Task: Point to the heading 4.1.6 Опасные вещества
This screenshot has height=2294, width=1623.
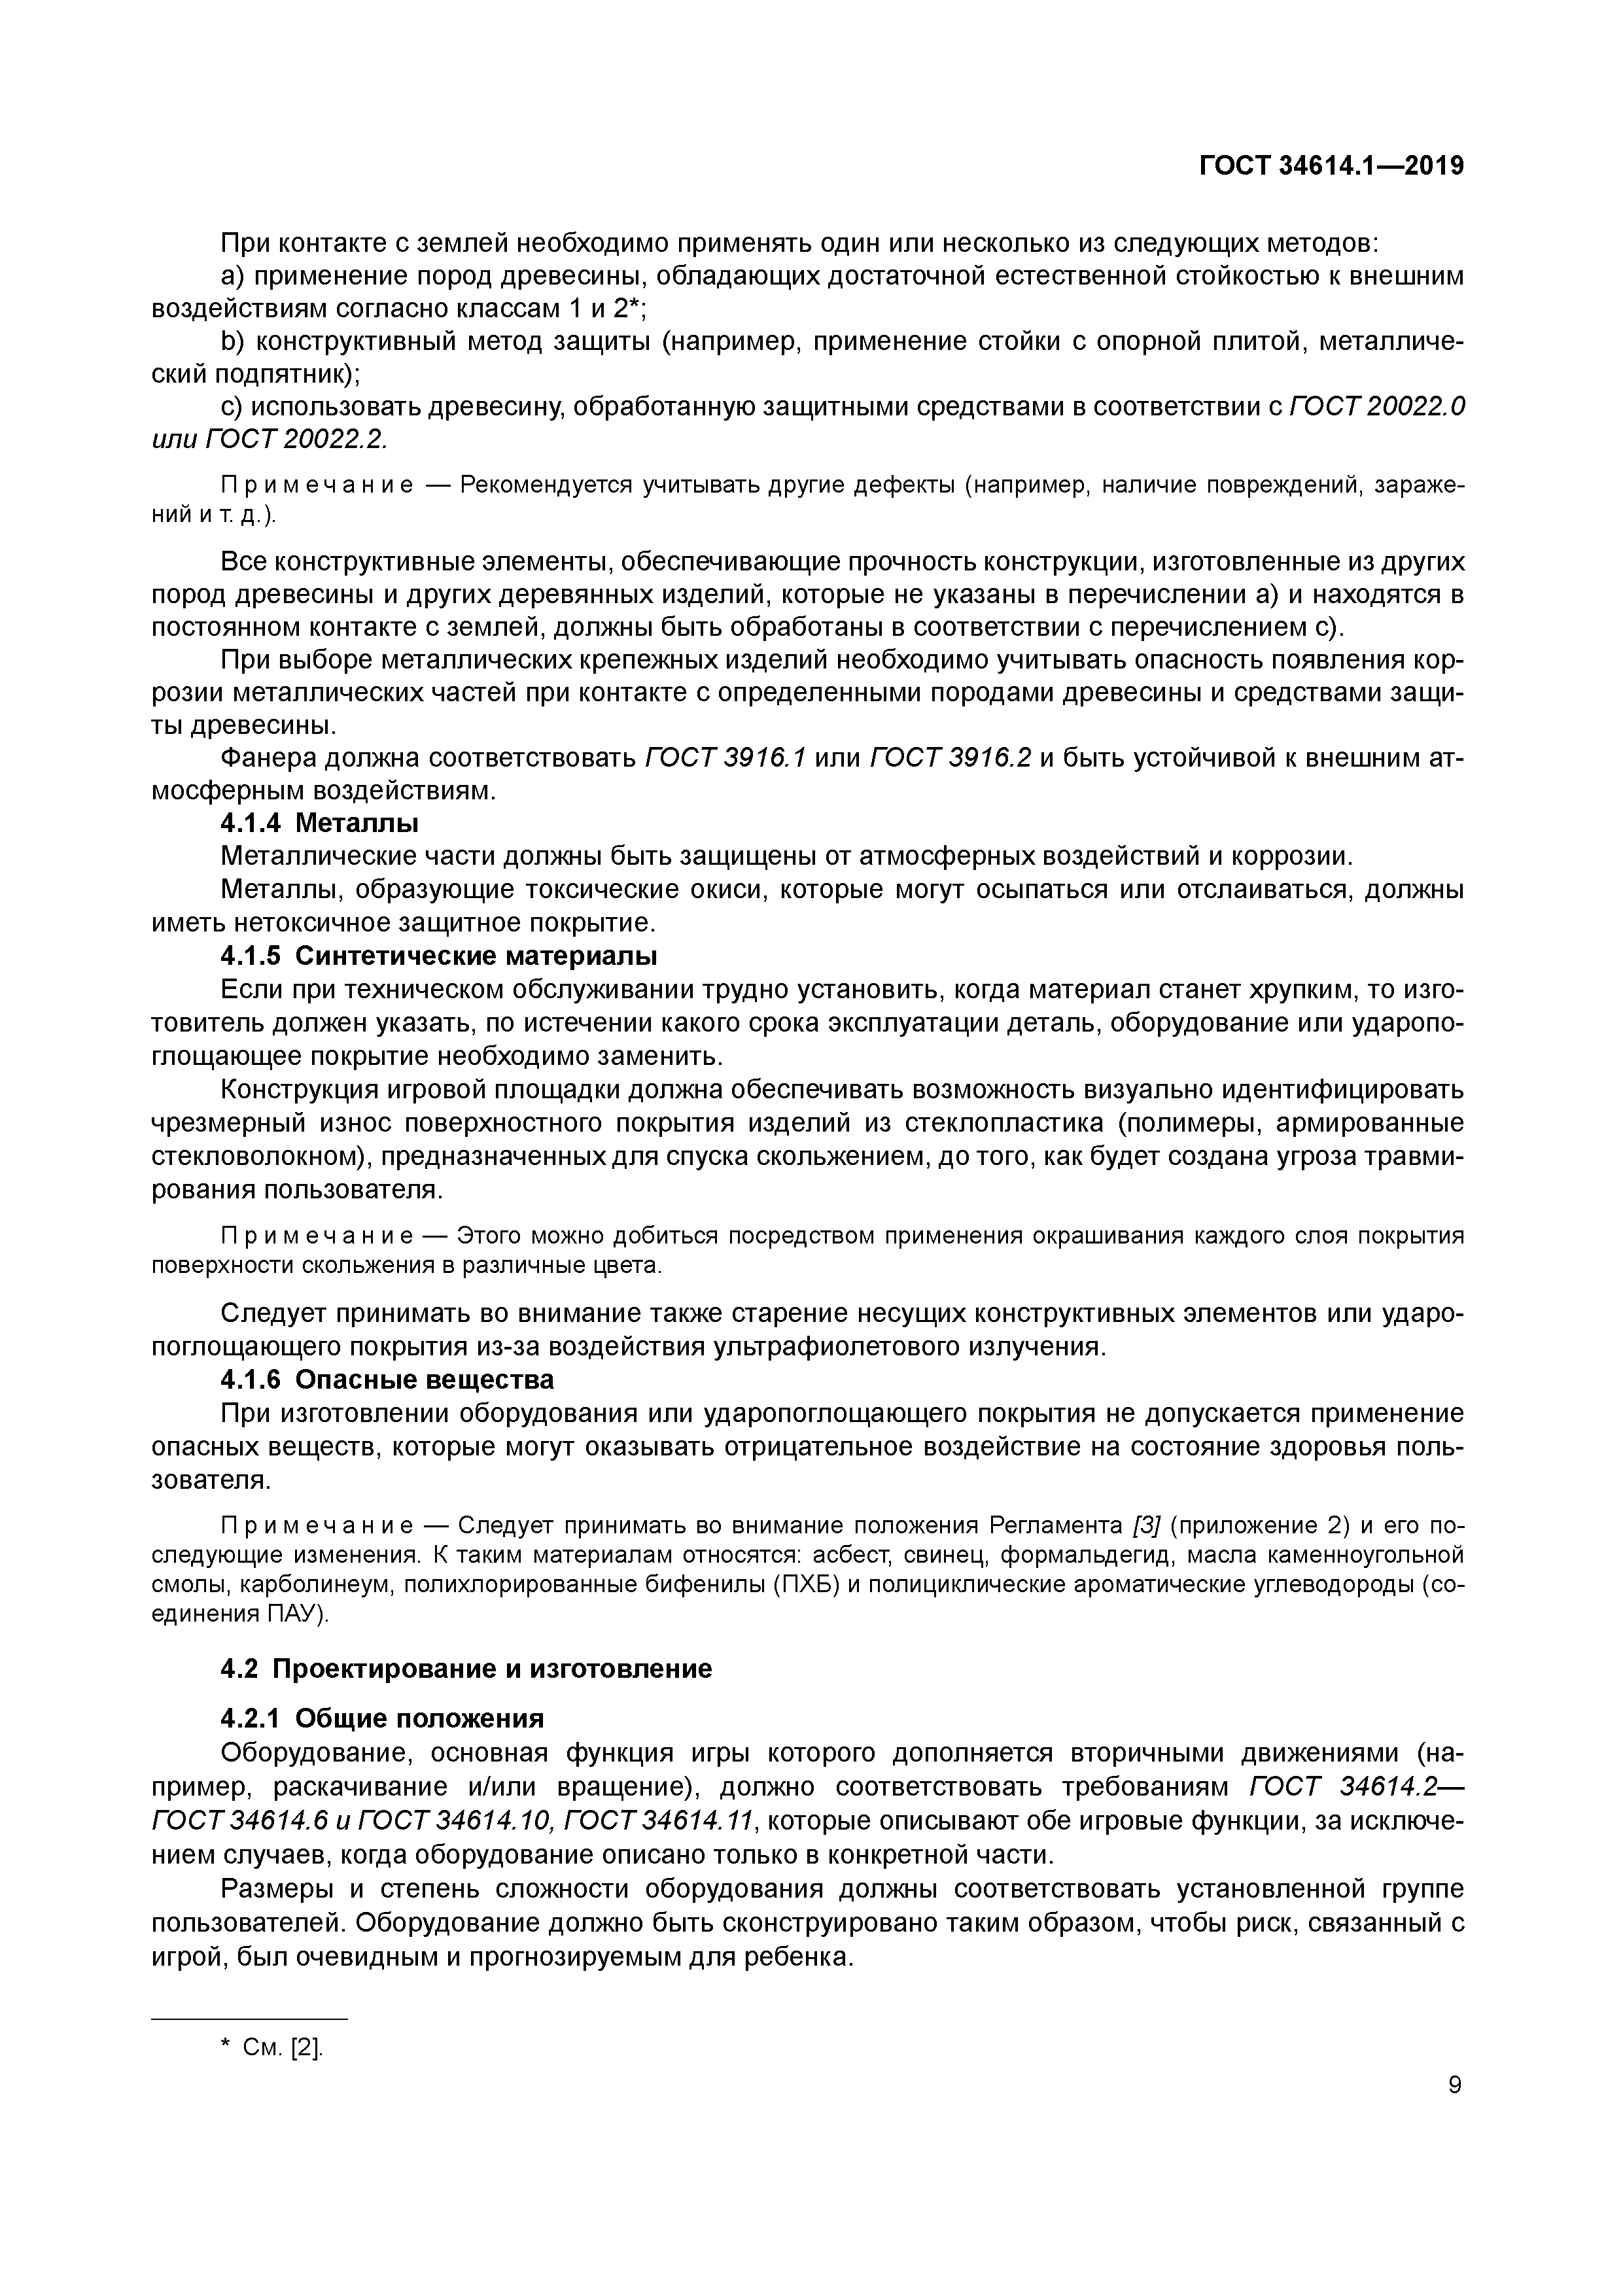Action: pyautogui.click(x=387, y=1380)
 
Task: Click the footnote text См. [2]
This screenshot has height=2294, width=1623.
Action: pyautogui.click(x=283, y=2047)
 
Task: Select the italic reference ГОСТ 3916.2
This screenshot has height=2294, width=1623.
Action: pyautogui.click(x=951, y=758)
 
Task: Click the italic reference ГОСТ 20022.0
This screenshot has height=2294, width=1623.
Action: pyautogui.click(x=1377, y=407)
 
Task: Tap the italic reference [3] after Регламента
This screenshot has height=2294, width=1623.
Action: pyautogui.click(x=1146, y=1525)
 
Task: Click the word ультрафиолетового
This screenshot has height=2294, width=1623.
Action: pyautogui.click(x=835, y=1347)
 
